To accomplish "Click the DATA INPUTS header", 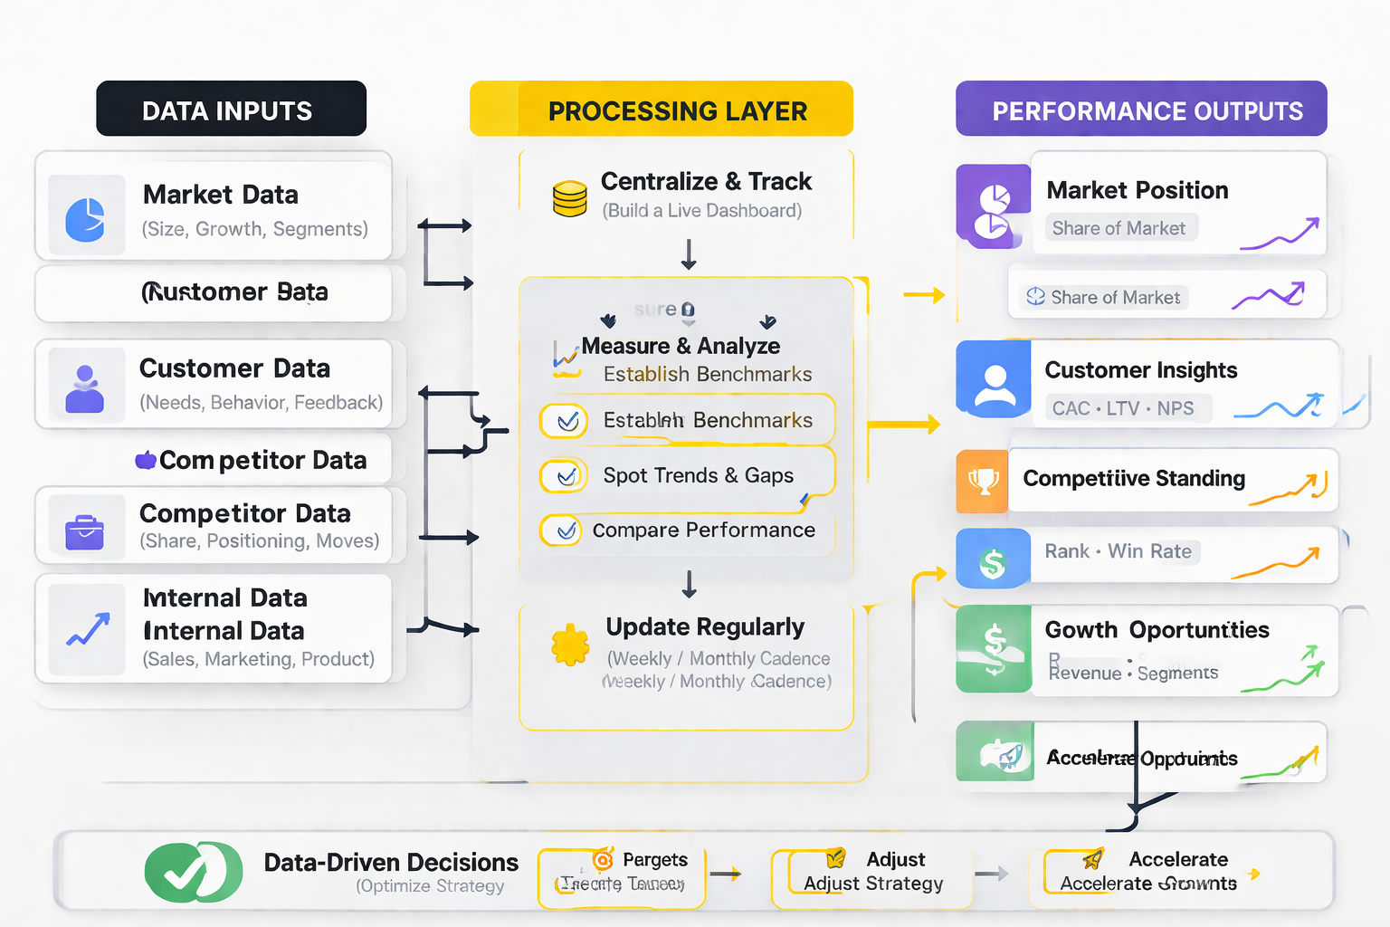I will tap(231, 110).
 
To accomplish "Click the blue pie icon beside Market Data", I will tap(86, 218).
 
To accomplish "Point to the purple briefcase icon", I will tap(85, 532).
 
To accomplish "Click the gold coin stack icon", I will tap(570, 198).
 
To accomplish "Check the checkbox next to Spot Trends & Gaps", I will tap(566, 476).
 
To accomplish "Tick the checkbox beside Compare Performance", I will tap(566, 530).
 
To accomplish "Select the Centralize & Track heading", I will tap(706, 182).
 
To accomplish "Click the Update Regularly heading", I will tap(705, 627).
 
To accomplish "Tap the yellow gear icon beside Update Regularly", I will tap(570, 645).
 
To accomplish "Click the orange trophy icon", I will tap(983, 481).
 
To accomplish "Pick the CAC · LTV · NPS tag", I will tap(1123, 408).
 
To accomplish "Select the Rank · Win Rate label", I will tap(1119, 551).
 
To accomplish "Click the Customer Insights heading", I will tap(1140, 370).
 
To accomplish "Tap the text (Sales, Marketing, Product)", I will tap(258, 659).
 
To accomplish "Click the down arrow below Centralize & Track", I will tap(689, 254).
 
